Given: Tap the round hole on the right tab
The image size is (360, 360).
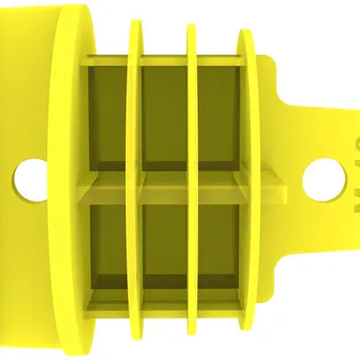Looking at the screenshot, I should coord(321,177).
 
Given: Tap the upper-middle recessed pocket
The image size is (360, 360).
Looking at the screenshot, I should coord(165,115).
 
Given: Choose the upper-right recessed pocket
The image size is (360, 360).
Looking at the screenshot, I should coord(218,115).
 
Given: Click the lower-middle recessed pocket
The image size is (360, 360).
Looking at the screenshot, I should coord(165,243).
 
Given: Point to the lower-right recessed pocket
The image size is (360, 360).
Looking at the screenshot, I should coord(218,243).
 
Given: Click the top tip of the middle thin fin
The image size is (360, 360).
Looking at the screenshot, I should coord(191,28).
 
